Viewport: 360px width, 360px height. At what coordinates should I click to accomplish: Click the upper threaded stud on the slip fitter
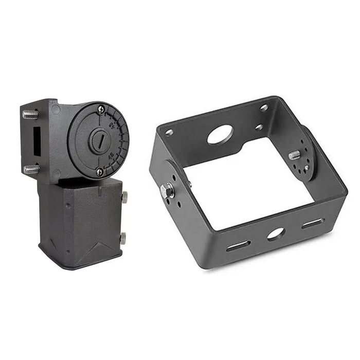click(30, 114)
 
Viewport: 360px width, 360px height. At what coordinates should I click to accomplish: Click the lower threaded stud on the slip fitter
click(31, 169)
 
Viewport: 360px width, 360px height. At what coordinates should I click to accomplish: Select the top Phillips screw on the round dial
click(101, 109)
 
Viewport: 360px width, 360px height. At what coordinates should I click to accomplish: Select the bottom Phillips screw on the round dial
click(100, 171)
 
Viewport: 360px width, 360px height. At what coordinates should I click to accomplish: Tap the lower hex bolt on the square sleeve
click(123, 238)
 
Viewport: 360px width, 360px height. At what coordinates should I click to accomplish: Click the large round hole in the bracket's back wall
click(220, 135)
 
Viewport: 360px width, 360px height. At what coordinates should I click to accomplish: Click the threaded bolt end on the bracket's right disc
click(295, 155)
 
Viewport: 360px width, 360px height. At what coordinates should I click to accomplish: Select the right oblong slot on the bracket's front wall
click(313, 223)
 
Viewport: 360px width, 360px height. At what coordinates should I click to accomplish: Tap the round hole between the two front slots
click(276, 234)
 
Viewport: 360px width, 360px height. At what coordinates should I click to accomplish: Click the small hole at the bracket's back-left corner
click(169, 133)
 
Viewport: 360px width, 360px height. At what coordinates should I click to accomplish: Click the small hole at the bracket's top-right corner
click(264, 108)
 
